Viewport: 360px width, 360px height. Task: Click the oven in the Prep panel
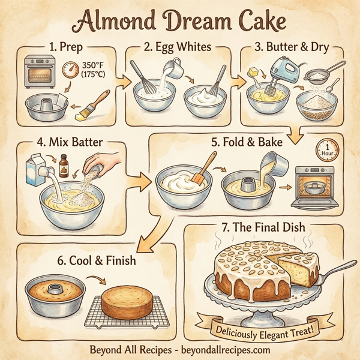point(38,73)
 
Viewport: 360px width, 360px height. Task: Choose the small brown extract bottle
point(64,163)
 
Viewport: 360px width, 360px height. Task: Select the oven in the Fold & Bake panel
point(313,186)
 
